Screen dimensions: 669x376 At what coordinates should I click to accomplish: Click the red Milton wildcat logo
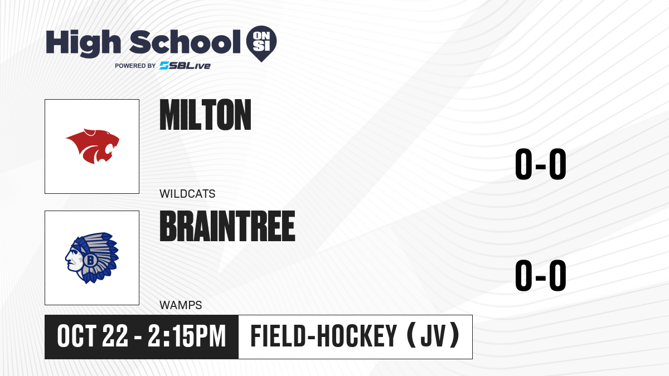pyautogui.click(x=93, y=146)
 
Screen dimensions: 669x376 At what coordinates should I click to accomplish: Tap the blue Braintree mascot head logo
pyautogui.click(x=92, y=258)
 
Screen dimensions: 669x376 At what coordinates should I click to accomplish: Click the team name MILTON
pyautogui.click(x=205, y=115)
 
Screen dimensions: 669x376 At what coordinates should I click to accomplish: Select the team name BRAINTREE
pyautogui.click(x=227, y=226)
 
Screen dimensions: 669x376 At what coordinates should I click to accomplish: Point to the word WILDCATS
pyautogui.click(x=187, y=194)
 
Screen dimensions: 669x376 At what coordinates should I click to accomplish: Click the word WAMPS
pyautogui.click(x=181, y=305)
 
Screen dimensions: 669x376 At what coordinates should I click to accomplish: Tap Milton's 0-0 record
pyautogui.click(x=541, y=164)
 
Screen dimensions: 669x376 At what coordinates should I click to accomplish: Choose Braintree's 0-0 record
pyautogui.click(x=541, y=275)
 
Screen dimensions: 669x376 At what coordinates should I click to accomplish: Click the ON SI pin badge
pyautogui.click(x=261, y=43)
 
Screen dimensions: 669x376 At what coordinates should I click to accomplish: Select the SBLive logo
pyautogui.click(x=185, y=66)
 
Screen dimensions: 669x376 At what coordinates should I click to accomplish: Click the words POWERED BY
pyautogui.click(x=135, y=66)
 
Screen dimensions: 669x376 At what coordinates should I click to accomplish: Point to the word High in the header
pyautogui.click(x=83, y=43)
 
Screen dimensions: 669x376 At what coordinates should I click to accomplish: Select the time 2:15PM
pyautogui.click(x=187, y=336)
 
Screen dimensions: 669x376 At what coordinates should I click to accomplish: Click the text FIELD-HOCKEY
pyautogui.click(x=324, y=336)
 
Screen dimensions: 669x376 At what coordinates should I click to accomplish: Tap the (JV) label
pyautogui.click(x=433, y=336)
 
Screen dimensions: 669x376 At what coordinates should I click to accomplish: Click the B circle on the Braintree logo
pyautogui.click(x=90, y=260)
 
